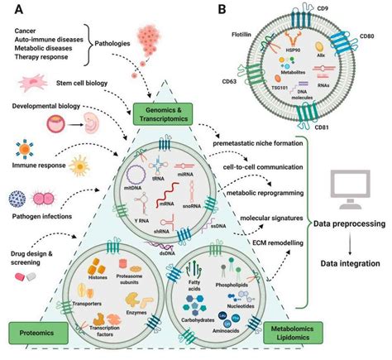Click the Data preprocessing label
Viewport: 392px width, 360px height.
(x=348, y=223)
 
